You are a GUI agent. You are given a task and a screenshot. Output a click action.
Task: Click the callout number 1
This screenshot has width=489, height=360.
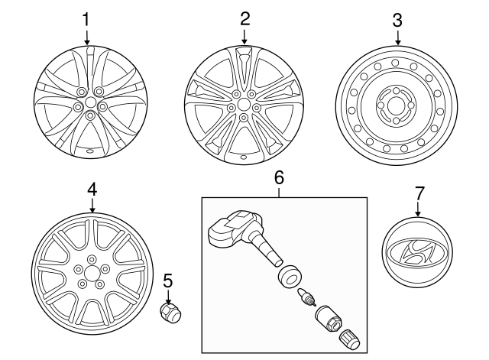86,20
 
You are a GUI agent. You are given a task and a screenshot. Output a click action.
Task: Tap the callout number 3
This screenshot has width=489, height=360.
397,20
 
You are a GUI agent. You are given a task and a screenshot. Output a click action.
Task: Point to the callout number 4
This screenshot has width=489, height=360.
92,189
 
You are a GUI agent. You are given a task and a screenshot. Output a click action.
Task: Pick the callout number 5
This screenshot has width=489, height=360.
168,281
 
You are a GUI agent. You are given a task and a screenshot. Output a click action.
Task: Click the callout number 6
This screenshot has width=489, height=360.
279,177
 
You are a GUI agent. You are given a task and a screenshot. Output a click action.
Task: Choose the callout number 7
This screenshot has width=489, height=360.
419,193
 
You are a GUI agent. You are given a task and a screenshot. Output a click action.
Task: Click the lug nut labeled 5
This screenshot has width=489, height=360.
170,313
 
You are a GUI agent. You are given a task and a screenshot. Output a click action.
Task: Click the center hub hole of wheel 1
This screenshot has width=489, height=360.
90,102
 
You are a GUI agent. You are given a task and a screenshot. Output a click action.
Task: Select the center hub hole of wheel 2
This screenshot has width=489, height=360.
244,104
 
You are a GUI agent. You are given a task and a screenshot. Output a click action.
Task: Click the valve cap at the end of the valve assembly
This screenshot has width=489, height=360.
349,339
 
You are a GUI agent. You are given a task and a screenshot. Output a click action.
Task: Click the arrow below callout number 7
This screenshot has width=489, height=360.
418,209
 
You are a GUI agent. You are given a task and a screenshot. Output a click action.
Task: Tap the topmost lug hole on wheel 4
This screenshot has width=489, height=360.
92,259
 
